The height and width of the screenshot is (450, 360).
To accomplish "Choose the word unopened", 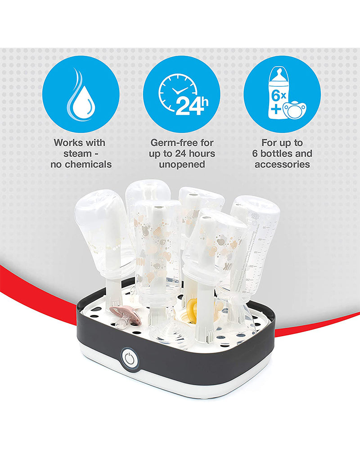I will [x=182, y=164].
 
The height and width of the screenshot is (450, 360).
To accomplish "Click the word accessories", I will [x=282, y=164].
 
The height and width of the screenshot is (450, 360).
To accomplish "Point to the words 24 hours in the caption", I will [x=192, y=153].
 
